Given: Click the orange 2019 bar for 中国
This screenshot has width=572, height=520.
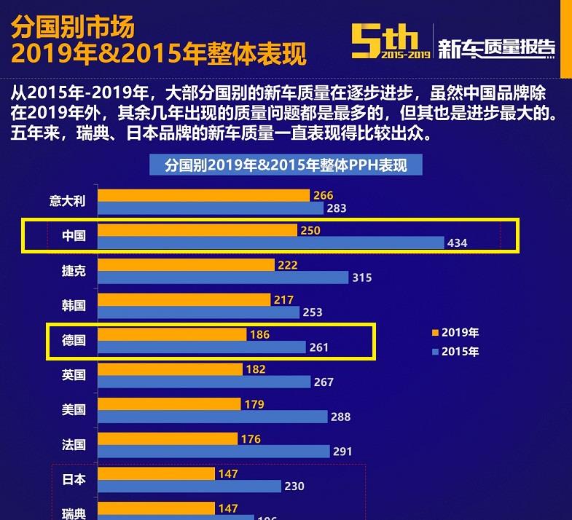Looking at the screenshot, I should tap(197, 230).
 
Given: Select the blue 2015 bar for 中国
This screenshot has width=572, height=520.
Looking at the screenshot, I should tap(270, 243).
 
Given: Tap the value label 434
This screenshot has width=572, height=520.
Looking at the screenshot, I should tap(458, 243).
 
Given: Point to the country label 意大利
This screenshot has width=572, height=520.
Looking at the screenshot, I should tap(68, 201).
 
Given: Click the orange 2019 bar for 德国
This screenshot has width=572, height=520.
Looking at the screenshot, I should tap(172, 334).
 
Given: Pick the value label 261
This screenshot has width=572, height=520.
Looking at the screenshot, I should tap(319, 347).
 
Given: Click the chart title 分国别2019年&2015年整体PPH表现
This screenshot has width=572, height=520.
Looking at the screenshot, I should tap(286, 165).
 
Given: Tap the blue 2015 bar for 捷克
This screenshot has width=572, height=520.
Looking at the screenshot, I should tap(223, 277).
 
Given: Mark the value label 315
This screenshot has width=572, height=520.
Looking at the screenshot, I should tap(362, 277).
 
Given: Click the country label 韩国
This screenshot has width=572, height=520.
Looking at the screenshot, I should tap(74, 305).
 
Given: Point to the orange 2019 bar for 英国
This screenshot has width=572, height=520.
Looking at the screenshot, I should tap(170, 369).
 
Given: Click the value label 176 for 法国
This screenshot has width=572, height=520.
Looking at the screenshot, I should tap(251, 439).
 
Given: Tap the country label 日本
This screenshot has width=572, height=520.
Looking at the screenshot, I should tap(74, 479).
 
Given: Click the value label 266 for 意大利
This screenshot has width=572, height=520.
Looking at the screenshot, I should tap(323, 195).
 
